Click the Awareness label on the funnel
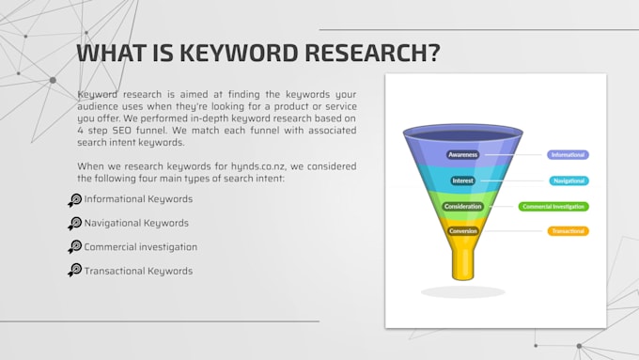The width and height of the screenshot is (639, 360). [x=462, y=154]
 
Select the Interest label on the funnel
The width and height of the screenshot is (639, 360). [x=462, y=180]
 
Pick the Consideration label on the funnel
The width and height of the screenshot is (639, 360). [x=462, y=206]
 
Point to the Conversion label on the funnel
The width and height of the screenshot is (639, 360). [x=462, y=230]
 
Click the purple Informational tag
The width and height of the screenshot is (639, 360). [x=568, y=154]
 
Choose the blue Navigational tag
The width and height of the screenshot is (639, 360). [x=569, y=180]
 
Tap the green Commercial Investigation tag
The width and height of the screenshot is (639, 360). [x=553, y=206]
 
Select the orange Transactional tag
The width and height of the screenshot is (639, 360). [x=569, y=230]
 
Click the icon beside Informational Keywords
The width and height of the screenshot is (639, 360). [x=75, y=199]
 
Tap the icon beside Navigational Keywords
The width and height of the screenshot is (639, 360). [x=75, y=224]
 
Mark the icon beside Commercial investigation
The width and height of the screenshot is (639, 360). [x=75, y=247]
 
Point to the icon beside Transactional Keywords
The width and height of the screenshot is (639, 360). [x=75, y=271]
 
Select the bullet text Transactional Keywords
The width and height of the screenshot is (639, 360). [x=138, y=271]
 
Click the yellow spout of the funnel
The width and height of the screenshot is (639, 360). [x=462, y=259]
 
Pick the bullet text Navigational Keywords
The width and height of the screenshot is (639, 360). [x=136, y=224]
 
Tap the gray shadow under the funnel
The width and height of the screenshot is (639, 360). [x=462, y=292]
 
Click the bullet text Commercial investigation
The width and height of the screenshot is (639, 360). [x=141, y=247]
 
